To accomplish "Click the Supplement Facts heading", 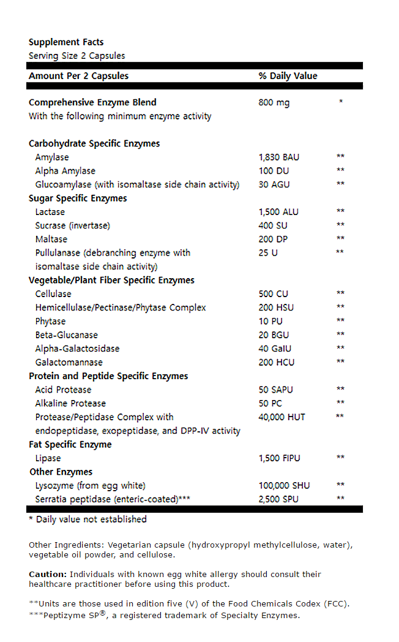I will click(x=66, y=42).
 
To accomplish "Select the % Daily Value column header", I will click(x=288, y=76).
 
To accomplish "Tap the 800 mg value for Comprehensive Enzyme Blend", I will click(x=274, y=102).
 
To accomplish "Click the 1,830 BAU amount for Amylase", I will click(x=279, y=157).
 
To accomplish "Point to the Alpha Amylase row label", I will click(x=65, y=171).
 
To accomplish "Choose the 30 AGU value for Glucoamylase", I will click(x=274, y=184).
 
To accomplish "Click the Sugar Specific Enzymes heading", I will click(x=78, y=198).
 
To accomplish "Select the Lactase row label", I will click(x=50, y=212).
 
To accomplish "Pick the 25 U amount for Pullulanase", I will click(x=268, y=252).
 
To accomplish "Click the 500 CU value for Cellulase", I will click(x=273, y=294).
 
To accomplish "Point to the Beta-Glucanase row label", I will click(x=66, y=335).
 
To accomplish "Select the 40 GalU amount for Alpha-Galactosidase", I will click(x=275, y=349).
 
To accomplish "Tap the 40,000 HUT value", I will click(x=282, y=417).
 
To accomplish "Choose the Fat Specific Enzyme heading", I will click(x=70, y=445).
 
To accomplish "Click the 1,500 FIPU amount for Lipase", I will click(x=280, y=458).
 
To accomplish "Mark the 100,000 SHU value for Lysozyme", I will click(x=284, y=485).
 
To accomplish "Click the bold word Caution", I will click(x=48, y=575).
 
